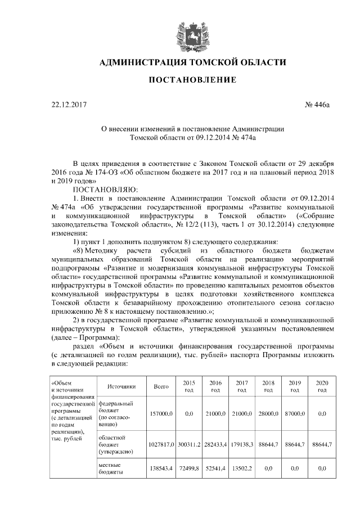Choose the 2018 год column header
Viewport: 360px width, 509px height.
[x=269, y=386]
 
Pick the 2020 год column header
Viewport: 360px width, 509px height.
[x=322, y=386]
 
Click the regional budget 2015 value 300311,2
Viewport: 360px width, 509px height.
[x=188, y=444]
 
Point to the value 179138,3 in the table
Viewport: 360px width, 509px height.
[x=242, y=444]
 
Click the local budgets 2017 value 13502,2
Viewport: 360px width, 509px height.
[x=242, y=468]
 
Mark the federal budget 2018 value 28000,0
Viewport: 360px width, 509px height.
[x=269, y=413]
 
